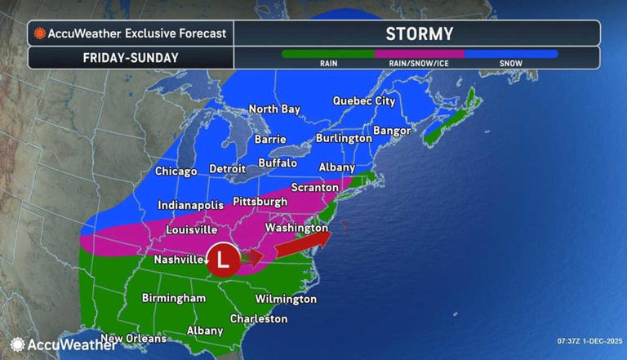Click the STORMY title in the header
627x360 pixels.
pyautogui.click(x=418, y=33)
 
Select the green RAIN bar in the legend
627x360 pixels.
pyautogui.click(x=327, y=54)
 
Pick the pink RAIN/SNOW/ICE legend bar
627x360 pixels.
pyautogui.click(x=420, y=54)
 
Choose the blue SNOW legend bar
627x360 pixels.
pyautogui.click(x=511, y=54)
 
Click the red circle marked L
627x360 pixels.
pyautogui.click(x=223, y=259)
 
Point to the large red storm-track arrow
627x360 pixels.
pyautogui.click(x=303, y=242)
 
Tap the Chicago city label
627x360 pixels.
pyautogui.click(x=176, y=171)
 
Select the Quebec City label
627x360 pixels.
pyautogui.click(x=364, y=101)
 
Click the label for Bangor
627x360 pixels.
pyautogui.click(x=391, y=131)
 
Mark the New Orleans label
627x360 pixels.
pyautogui.click(x=133, y=338)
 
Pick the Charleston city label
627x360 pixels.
pyautogui.click(x=258, y=318)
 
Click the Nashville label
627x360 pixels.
pyautogui.click(x=178, y=260)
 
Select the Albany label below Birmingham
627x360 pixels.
pyautogui.click(x=204, y=331)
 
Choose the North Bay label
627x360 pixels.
pyautogui.click(x=274, y=109)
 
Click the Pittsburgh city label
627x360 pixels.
pyautogui.click(x=260, y=201)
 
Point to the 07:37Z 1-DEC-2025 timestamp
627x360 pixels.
pyautogui.click(x=589, y=340)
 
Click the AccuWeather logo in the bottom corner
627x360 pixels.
pyautogui.click(x=52, y=344)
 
